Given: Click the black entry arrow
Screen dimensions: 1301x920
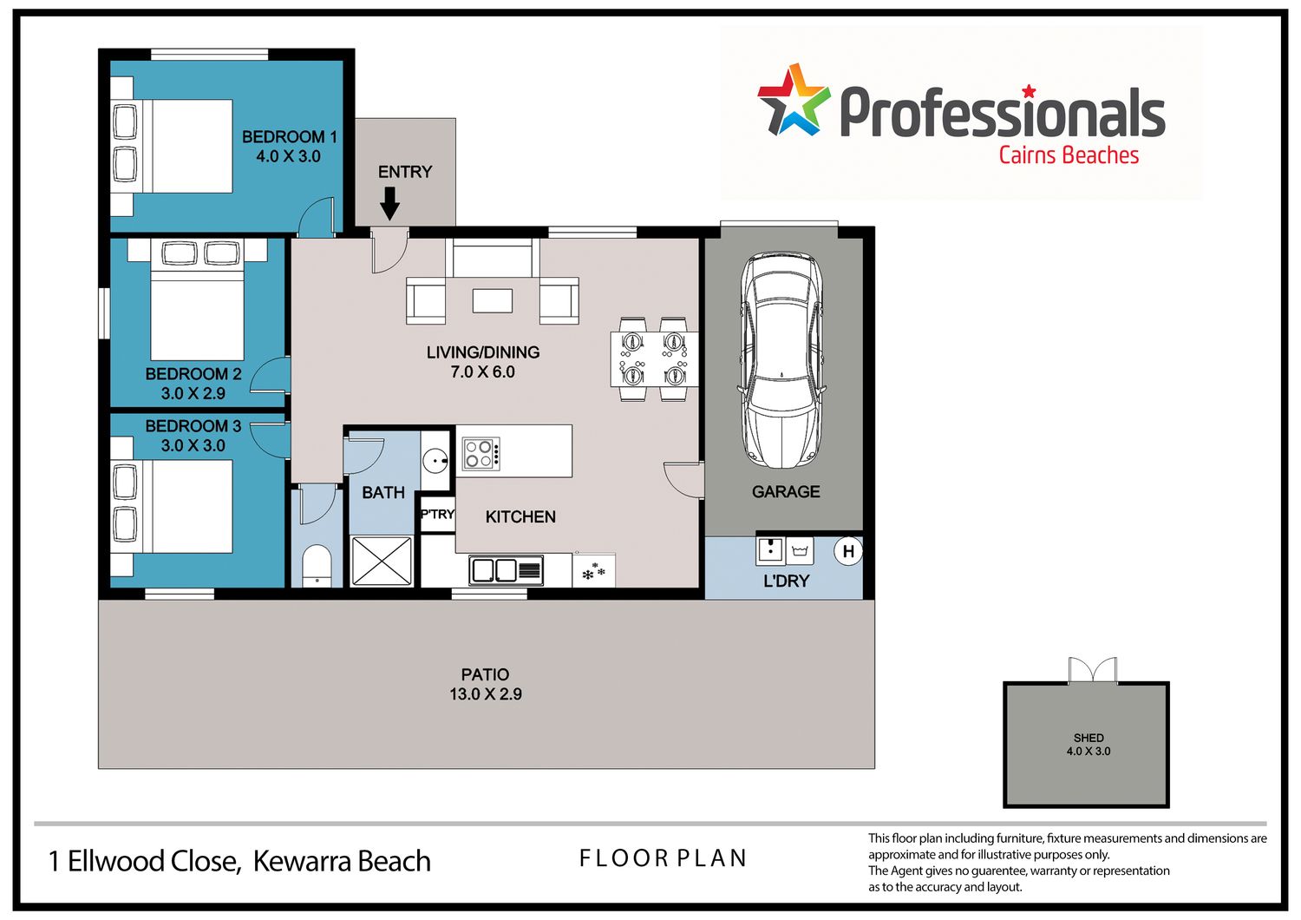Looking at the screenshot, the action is point(389,203).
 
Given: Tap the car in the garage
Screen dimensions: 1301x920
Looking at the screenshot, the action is point(781,360).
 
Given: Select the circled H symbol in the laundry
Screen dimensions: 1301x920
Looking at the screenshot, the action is point(848,551).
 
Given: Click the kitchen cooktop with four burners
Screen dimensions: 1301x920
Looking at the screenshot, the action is point(481,453).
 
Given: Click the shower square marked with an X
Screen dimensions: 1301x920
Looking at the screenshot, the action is point(382,561).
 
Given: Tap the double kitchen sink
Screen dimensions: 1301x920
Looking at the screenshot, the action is point(507,571).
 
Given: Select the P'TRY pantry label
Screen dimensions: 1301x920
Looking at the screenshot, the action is point(437,515).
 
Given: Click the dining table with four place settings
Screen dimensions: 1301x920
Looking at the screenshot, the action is point(654,358).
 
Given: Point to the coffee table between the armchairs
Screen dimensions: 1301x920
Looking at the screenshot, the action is point(493,301).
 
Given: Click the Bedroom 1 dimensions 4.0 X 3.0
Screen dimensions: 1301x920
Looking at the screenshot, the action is point(289,156).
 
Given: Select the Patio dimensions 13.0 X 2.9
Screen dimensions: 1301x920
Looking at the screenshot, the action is point(486,694).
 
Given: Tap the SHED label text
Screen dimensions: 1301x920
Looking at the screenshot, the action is point(1089,738).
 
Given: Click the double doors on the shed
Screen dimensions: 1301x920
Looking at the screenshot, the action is point(1093,669).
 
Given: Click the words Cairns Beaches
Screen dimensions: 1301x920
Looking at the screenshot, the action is point(1069,155).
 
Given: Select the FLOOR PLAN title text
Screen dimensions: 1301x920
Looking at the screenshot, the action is point(663,858).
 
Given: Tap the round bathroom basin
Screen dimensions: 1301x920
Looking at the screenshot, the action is point(435,460).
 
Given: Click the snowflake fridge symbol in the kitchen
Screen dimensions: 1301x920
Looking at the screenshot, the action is point(593,572).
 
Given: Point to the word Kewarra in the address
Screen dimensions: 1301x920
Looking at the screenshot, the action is point(303,861).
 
